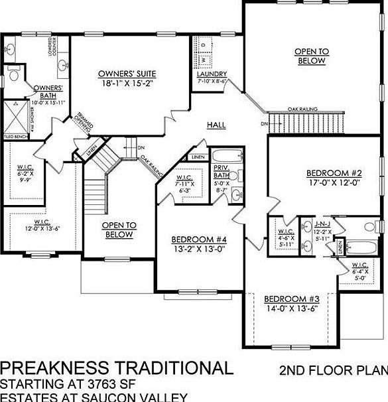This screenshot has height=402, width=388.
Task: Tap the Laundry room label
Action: click(212, 74)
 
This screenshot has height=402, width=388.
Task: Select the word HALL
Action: click(216, 125)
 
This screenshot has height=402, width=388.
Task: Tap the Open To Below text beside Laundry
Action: click(311, 56)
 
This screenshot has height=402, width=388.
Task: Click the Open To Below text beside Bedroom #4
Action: click(118, 230)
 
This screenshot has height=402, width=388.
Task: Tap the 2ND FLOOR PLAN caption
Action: click(334, 369)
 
